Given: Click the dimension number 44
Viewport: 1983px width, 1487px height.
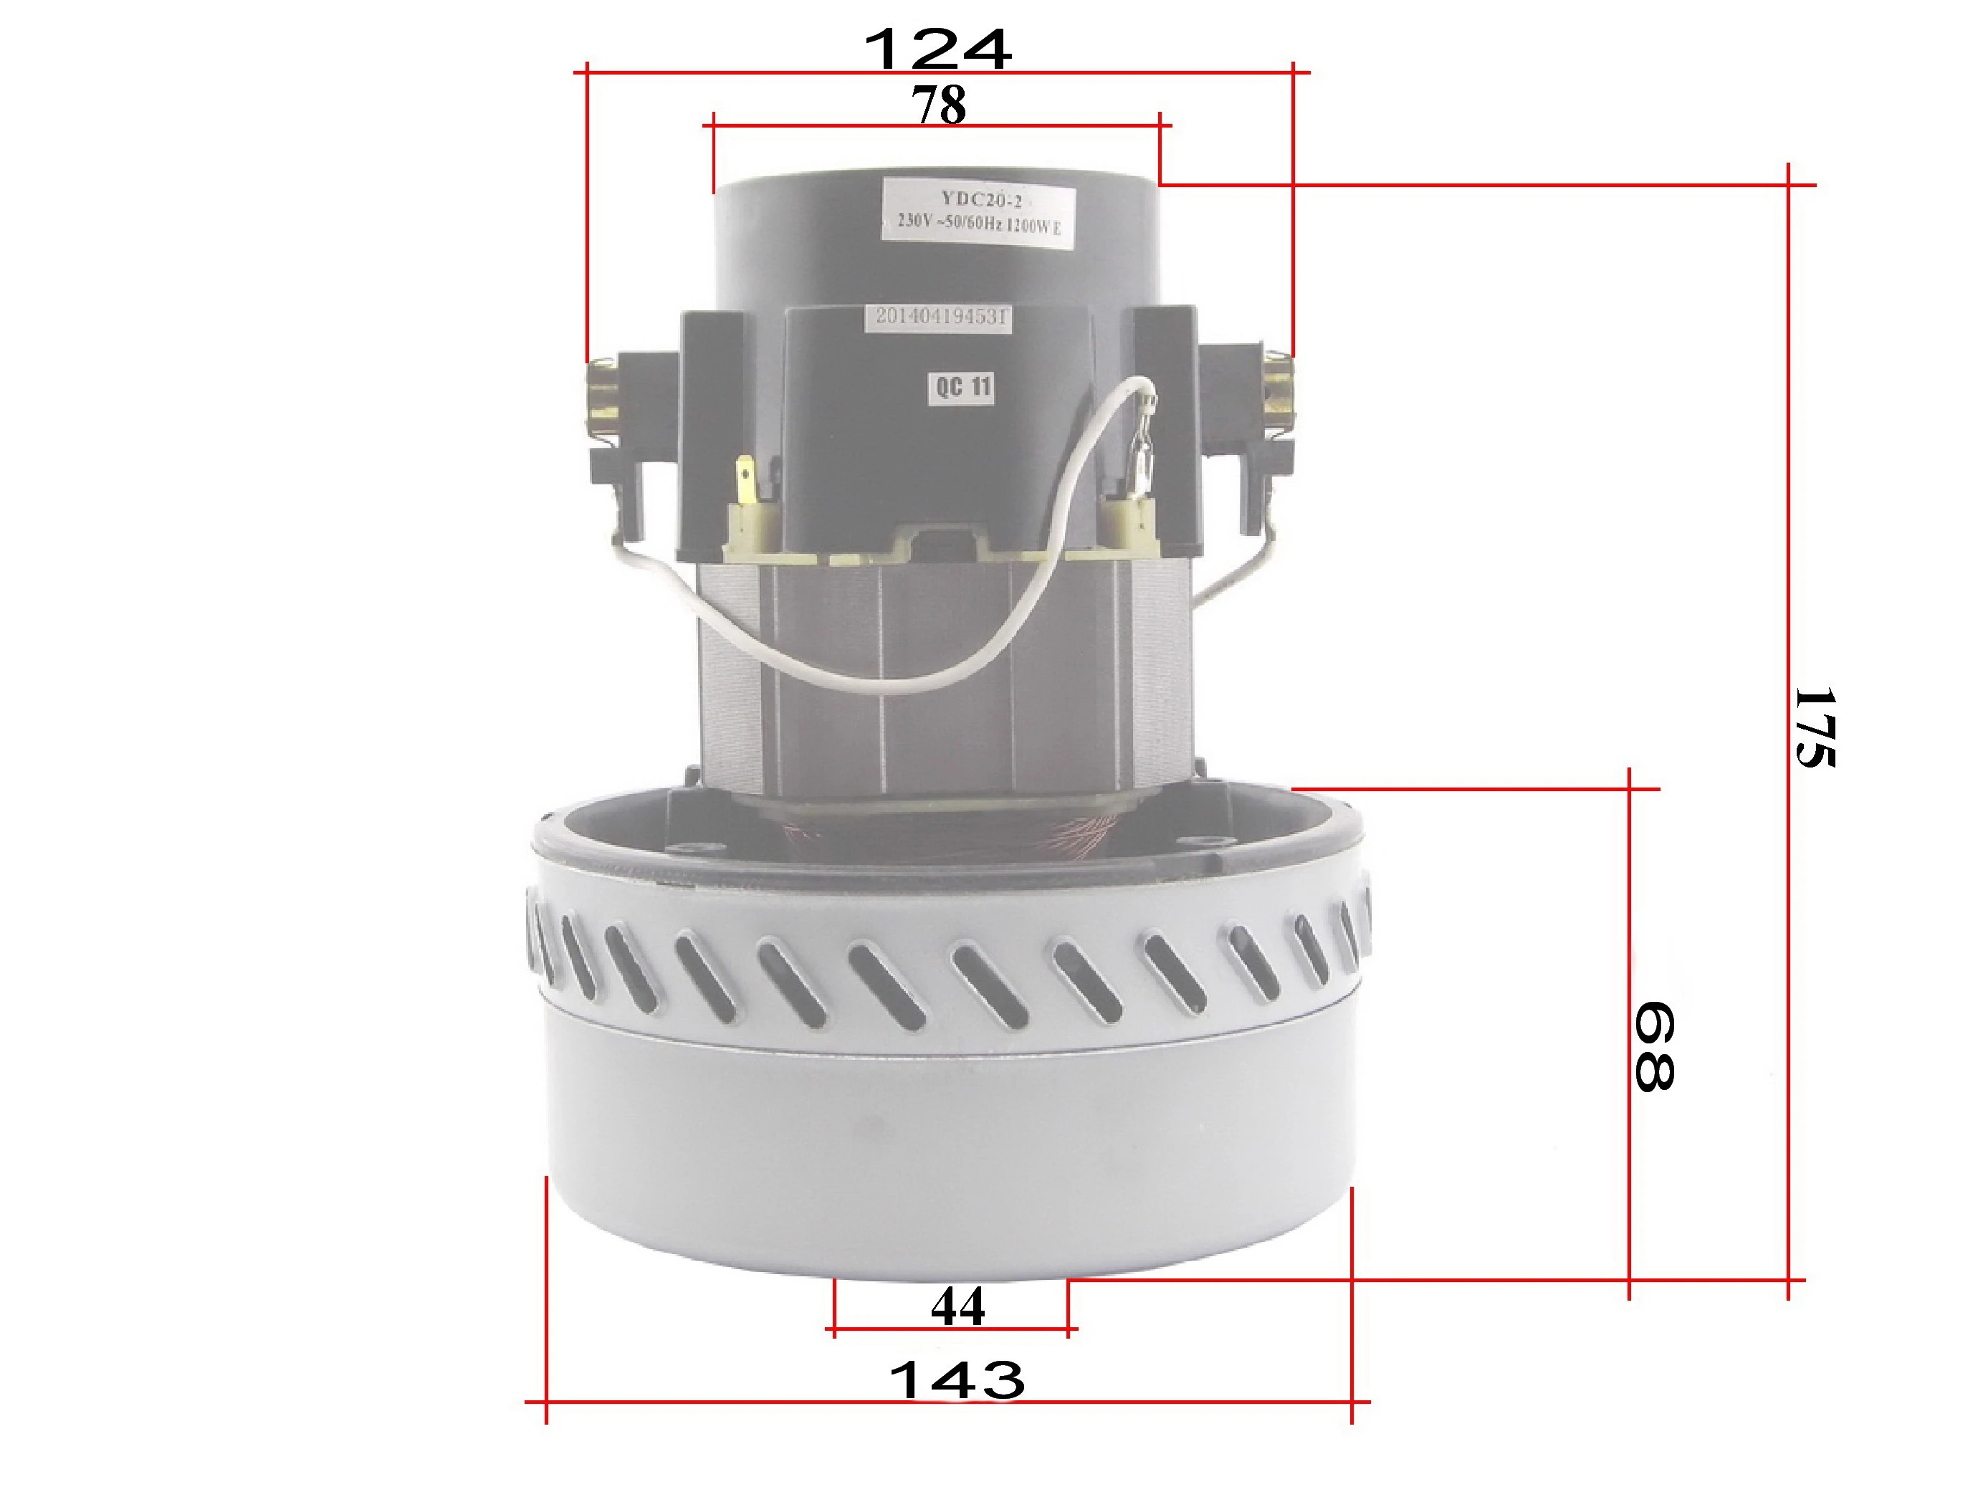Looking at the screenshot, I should pos(957,1307).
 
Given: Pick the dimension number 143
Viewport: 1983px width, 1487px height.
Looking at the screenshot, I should pos(957,1380).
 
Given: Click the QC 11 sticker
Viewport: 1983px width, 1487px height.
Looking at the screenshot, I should pos(962,387).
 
